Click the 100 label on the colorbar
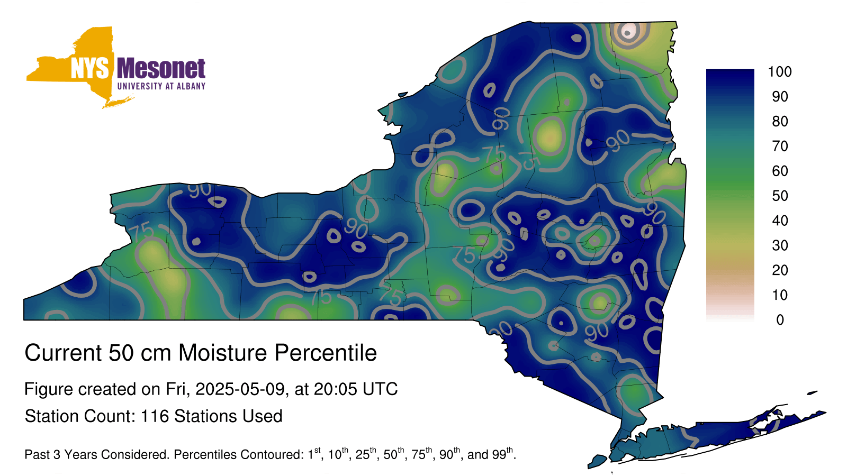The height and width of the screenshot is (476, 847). point(780,72)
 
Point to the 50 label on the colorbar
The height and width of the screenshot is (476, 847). point(780,196)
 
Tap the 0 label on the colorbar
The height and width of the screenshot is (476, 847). point(780,320)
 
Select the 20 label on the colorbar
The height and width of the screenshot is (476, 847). point(780,270)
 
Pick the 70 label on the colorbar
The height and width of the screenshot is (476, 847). point(780,146)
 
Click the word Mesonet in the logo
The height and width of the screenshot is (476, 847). point(161,69)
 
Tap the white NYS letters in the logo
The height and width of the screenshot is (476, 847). point(89,69)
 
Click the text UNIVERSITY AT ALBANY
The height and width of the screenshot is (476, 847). point(161,86)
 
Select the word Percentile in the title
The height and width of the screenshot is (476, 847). point(326,353)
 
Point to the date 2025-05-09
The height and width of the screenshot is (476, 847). point(240,389)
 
